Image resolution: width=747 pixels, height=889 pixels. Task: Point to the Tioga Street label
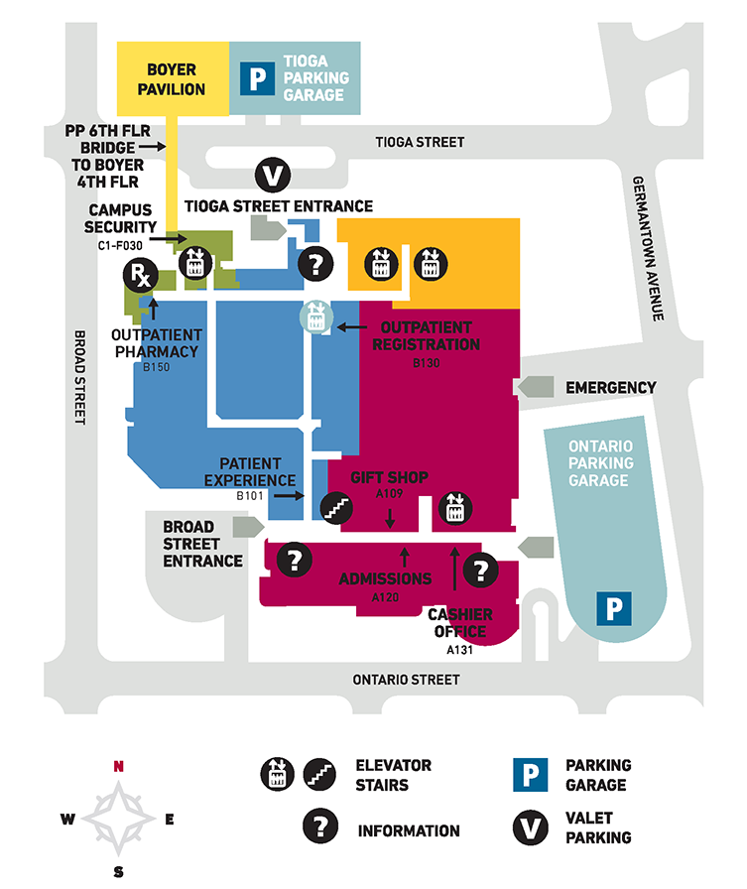pyautogui.click(x=421, y=142)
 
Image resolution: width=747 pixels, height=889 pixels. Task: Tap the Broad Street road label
pyautogui.click(x=80, y=378)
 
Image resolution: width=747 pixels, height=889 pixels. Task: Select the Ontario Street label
pyautogui.click(x=407, y=680)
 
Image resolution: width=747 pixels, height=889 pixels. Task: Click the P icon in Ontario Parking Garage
pyautogui.click(x=613, y=608)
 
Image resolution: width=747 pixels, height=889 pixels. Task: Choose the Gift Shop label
pyautogui.click(x=389, y=477)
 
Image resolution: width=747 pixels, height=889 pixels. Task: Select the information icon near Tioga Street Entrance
pyautogui.click(x=316, y=264)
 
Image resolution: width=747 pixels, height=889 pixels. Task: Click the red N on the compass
pyautogui.click(x=118, y=765)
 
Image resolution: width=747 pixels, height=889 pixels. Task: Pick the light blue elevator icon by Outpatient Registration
pyautogui.click(x=314, y=317)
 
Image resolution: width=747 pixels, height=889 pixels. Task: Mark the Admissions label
pyautogui.click(x=385, y=578)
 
